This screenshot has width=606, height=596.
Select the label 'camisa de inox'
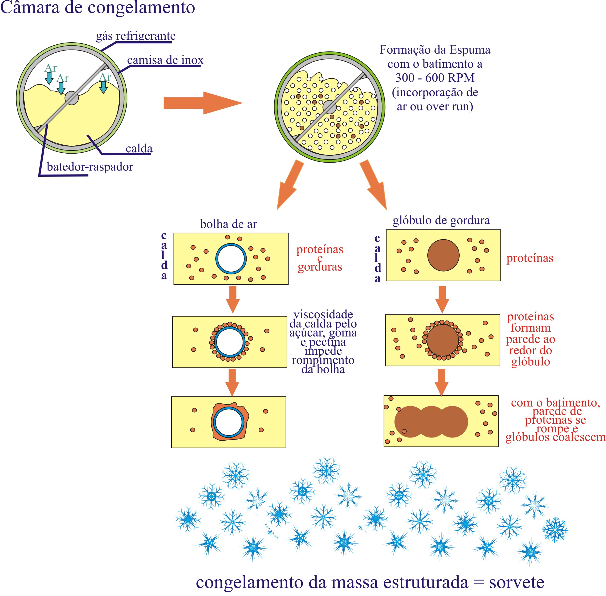165,60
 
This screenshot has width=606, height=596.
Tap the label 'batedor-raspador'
90,166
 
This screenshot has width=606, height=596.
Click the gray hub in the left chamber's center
72,98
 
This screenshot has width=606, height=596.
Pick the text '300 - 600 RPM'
435,78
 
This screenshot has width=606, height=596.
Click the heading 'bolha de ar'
228,224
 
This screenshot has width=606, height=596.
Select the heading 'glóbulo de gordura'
441,220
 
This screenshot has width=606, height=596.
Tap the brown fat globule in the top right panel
443,255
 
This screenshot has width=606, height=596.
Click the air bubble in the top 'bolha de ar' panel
231,259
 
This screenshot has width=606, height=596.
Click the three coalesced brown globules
431,422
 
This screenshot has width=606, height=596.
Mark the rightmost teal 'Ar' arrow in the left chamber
103,87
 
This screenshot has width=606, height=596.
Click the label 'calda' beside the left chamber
139,148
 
